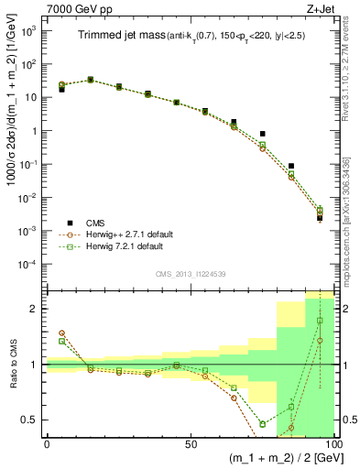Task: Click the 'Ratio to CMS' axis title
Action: (12, 364)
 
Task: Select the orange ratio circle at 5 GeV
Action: (61, 333)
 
